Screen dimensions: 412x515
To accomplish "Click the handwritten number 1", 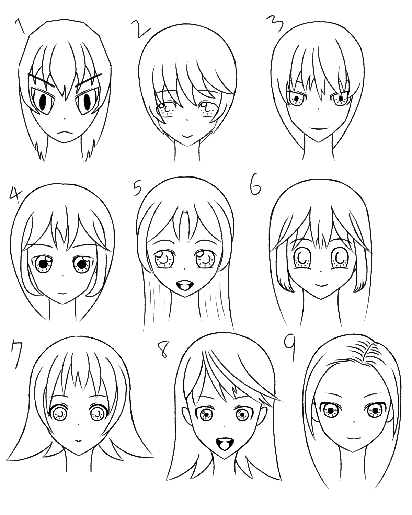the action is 20,27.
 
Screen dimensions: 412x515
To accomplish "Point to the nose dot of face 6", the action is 321,271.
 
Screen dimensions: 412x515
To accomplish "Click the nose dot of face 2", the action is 187,121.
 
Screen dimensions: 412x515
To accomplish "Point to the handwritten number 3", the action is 275,24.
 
